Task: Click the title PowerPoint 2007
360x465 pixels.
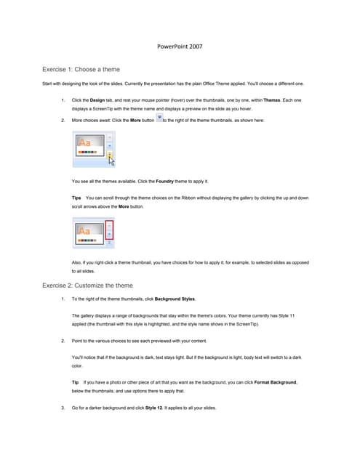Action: tap(180, 46)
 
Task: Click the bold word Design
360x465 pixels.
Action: tap(97, 100)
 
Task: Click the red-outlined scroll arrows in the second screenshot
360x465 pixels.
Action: tap(110, 234)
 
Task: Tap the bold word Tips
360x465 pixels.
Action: tap(77, 197)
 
